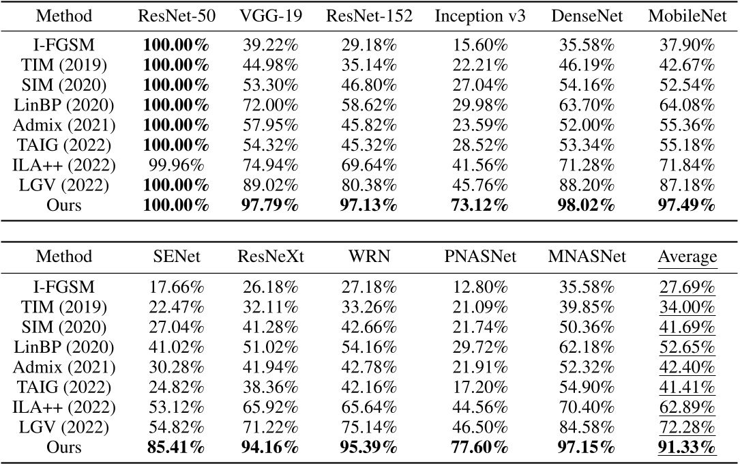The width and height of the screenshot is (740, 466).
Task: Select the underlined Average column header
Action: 687,257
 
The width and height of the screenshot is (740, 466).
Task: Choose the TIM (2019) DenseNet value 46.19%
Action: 587,68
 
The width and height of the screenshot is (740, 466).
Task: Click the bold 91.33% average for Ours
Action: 687,448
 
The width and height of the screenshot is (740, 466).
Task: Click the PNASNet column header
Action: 480,257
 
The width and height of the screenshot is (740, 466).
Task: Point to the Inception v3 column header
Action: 480,16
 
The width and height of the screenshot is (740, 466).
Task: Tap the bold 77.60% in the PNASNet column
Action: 480,448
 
